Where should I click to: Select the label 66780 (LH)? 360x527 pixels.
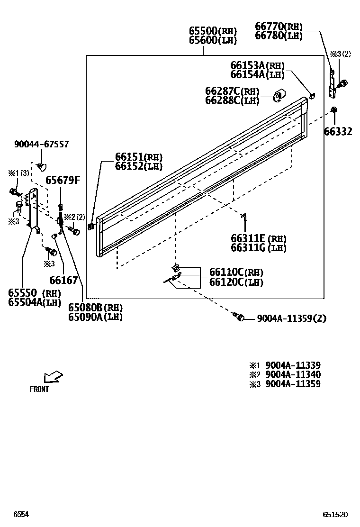(279, 36)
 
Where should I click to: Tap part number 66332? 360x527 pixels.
(338, 131)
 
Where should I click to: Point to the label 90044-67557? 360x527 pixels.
(41, 144)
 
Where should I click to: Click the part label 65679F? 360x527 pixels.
(63, 180)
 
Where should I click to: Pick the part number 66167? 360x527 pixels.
(63, 281)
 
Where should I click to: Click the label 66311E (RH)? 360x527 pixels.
(259, 238)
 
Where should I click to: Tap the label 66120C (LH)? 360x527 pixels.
(236, 282)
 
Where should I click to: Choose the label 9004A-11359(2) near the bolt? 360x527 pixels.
(292, 318)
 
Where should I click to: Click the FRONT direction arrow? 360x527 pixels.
(53, 377)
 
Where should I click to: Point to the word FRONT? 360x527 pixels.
(39, 390)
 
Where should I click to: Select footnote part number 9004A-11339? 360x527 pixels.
(293, 365)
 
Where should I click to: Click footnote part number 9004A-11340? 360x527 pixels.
(293, 374)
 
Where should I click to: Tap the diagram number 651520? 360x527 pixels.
(335, 515)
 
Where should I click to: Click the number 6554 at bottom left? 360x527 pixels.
(21, 515)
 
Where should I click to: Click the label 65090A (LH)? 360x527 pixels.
(95, 317)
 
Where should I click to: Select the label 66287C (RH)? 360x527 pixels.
(232, 91)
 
